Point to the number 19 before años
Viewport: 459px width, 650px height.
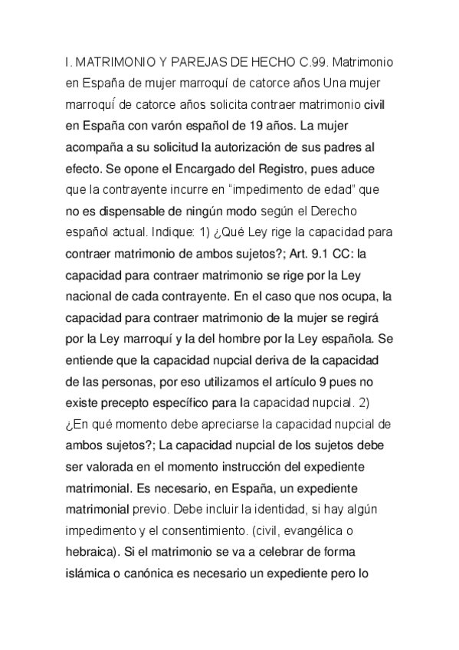(x=270, y=125)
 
